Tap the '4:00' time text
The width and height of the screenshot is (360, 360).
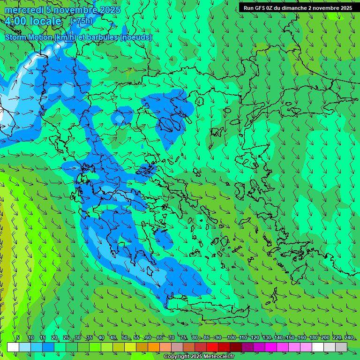coord(18,21)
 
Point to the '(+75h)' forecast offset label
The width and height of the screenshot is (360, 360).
coord(81,21)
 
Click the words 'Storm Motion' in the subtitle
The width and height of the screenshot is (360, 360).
coord(29,37)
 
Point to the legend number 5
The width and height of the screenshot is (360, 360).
coord(18,337)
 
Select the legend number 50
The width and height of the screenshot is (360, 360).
coord(125,337)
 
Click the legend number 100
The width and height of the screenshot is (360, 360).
coord(231,337)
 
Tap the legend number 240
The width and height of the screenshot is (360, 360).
coord(349,337)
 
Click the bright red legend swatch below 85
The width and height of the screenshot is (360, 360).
coord(212,347)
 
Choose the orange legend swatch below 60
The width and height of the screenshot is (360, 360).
coord(154,347)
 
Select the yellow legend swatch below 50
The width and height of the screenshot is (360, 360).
coord(130,347)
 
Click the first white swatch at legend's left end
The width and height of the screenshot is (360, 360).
coord(13,347)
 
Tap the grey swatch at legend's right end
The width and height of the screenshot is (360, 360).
coord(341,347)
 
